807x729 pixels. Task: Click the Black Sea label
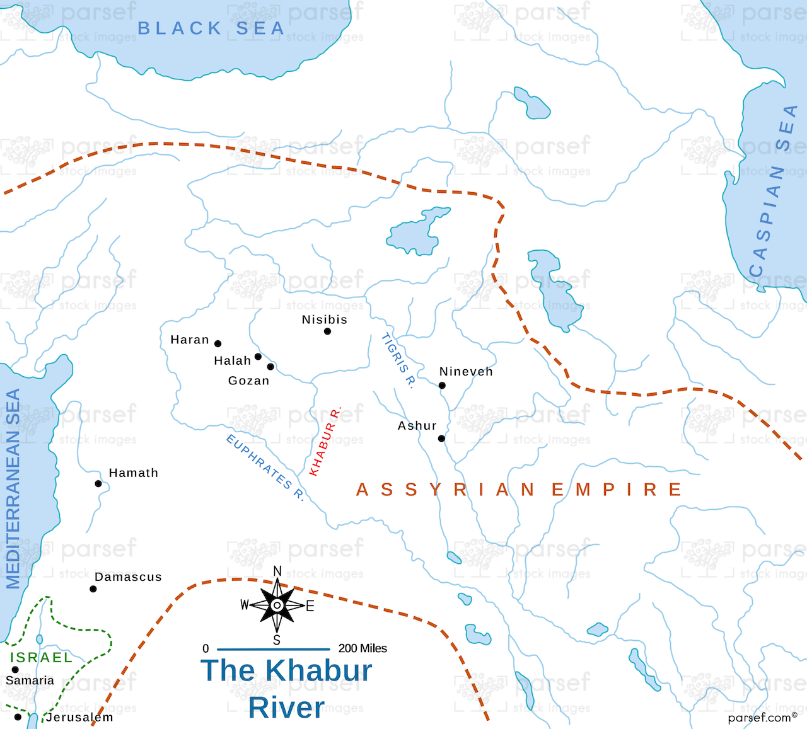[x=211, y=28]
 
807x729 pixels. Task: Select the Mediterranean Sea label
[x=13, y=489]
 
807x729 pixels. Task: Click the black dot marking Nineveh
[x=442, y=386]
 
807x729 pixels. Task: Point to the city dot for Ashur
[x=441, y=439]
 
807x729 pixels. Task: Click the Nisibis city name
[x=324, y=319]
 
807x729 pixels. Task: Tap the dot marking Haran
[x=218, y=344]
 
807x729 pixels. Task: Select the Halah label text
[x=232, y=360]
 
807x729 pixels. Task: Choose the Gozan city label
[x=248, y=381]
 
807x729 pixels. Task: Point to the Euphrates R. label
[x=265, y=468]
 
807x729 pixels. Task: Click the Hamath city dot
[x=98, y=484]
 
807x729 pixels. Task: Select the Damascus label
[x=128, y=577]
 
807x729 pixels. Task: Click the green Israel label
[x=42, y=657]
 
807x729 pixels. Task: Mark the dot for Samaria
[x=15, y=670]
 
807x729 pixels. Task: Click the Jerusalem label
[x=79, y=717]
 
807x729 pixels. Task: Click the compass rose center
[x=277, y=606]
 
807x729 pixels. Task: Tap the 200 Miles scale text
[x=363, y=648]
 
